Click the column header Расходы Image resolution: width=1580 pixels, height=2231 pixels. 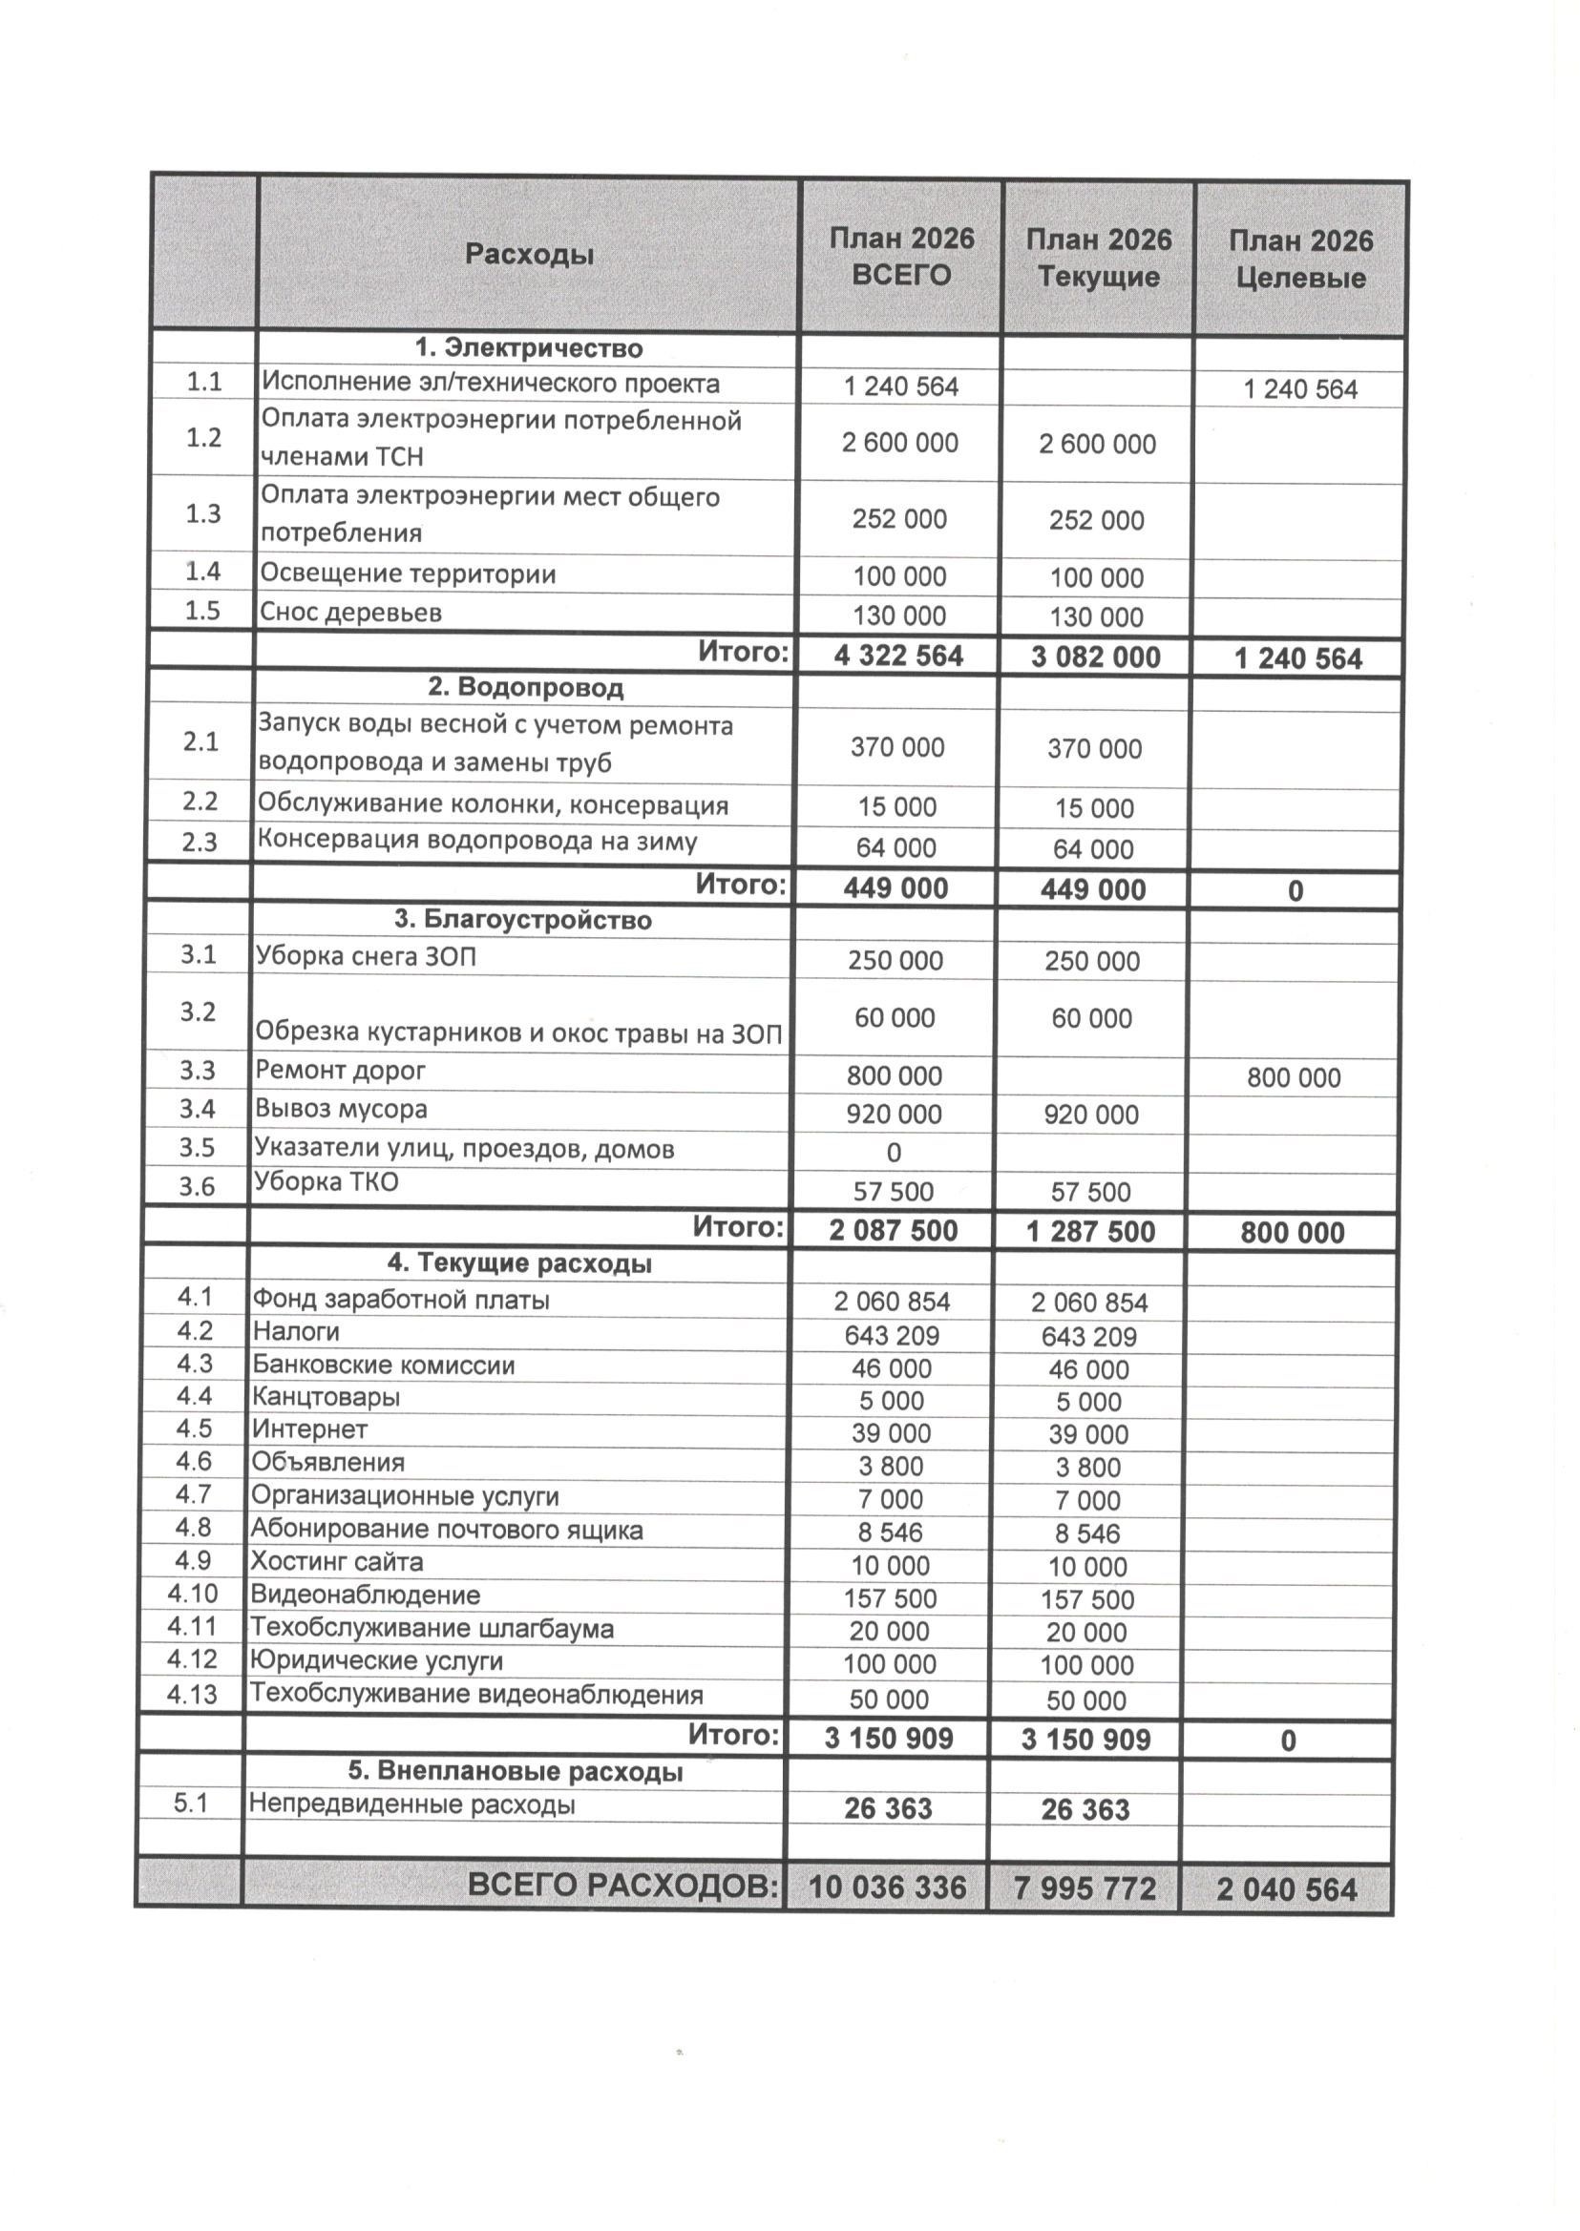click(528, 255)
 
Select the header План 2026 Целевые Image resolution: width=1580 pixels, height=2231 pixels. click(1300, 260)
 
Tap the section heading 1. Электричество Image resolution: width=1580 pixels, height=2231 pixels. click(528, 348)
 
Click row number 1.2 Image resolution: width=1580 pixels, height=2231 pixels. click(203, 438)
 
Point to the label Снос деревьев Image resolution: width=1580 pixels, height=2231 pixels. click(350, 613)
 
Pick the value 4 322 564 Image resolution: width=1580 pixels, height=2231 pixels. click(898, 656)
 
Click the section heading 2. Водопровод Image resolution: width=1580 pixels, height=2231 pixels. click(525, 688)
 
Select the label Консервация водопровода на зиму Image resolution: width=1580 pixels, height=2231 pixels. click(476, 841)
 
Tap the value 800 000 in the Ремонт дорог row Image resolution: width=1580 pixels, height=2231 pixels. click(1293, 1077)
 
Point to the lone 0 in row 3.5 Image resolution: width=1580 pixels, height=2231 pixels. click(894, 1154)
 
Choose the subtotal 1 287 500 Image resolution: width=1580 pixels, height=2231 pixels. click(1089, 1232)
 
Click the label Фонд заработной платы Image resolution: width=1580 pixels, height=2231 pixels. click(400, 1300)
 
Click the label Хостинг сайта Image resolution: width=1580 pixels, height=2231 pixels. click(337, 1562)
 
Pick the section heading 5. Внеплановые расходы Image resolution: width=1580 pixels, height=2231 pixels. click(515, 1771)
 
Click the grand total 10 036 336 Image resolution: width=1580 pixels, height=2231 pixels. click(886, 1887)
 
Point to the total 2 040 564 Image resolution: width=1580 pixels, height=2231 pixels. click(1285, 1889)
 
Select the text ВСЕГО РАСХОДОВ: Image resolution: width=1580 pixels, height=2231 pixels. click(622, 1886)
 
